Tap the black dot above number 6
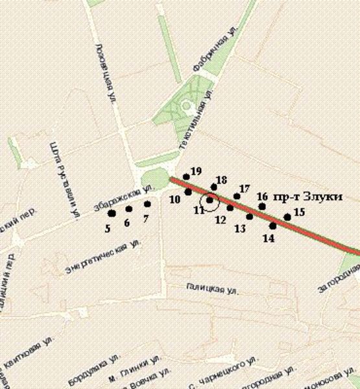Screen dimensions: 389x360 [128, 209]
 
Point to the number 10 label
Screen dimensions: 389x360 [174, 199]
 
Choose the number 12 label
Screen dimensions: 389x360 [220, 219]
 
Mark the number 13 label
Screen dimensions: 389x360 [240, 228]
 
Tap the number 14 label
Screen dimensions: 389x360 [269, 238]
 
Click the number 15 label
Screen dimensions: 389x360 [299, 211]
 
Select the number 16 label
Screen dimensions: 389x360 [262, 196]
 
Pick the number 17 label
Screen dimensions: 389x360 [245, 188]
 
